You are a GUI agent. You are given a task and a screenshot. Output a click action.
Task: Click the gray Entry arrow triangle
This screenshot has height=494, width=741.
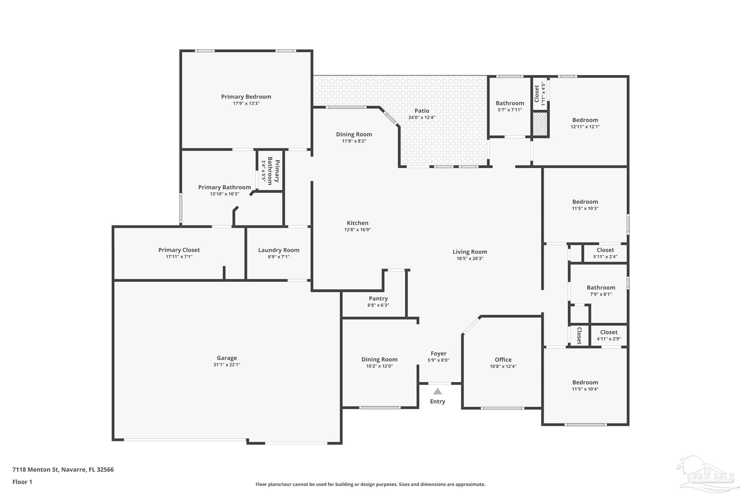tap(437, 391)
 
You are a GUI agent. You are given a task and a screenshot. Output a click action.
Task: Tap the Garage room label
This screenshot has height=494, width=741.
tap(227, 358)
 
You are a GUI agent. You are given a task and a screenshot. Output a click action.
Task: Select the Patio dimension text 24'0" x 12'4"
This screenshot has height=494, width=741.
tap(422, 117)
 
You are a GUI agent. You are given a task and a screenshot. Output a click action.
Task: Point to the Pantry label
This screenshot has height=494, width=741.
tap(378, 298)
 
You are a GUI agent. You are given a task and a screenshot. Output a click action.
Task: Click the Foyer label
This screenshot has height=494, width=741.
tap(439, 353)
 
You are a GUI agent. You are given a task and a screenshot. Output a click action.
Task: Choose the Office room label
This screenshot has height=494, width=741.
tap(503, 359)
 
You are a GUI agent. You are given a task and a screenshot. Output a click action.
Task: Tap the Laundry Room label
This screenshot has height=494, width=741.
tap(279, 250)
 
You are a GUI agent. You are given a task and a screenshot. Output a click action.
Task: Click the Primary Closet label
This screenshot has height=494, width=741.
tap(179, 250)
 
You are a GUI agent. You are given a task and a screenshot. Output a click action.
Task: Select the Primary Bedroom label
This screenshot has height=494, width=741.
tap(246, 97)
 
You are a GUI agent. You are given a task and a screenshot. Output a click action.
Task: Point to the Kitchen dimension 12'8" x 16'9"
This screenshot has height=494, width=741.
tap(357, 229)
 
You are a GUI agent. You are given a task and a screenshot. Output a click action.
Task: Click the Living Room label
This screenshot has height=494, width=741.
tap(470, 252)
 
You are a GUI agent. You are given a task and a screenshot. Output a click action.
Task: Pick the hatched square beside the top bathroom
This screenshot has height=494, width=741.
tap(540, 124)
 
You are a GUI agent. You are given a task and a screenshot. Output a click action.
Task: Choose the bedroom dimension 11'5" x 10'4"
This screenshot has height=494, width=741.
tap(585, 389)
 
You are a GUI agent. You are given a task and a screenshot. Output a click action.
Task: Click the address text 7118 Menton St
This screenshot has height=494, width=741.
tap(35, 469)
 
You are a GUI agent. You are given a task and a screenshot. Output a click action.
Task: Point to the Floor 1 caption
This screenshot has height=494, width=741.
tap(22, 482)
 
